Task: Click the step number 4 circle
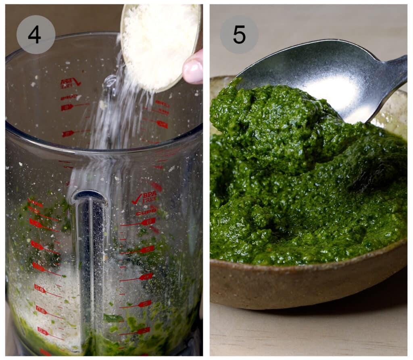click(x=35, y=35)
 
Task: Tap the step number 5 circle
click(x=239, y=35)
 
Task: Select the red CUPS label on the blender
click(x=146, y=211)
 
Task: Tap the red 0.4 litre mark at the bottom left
click(x=43, y=331)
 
